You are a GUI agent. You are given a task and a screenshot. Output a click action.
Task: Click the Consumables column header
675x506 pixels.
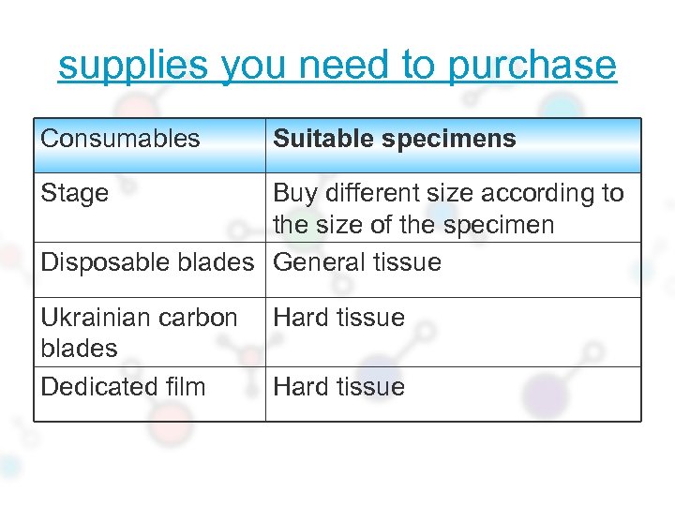[120, 139]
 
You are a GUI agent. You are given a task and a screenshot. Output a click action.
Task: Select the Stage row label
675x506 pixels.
[74, 193]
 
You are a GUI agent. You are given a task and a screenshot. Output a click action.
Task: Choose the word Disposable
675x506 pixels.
[101, 262]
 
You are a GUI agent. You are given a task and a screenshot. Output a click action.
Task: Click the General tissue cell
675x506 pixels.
[356, 262]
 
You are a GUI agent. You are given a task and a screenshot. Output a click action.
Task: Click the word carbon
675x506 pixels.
[203, 318]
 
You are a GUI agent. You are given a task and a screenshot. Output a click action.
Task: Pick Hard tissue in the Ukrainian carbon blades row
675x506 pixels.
[338, 318]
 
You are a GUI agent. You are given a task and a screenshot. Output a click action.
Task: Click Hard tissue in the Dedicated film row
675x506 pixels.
[338, 387]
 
